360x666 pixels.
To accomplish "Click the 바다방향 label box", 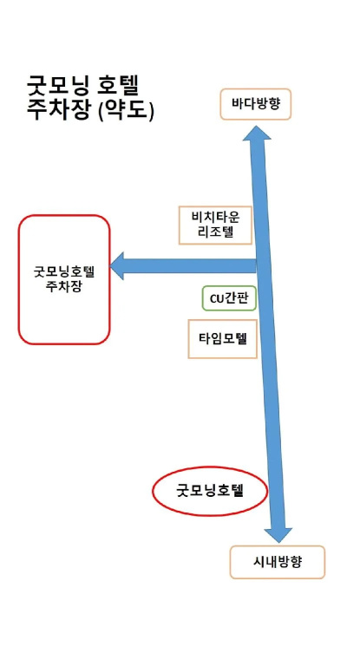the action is point(255,104).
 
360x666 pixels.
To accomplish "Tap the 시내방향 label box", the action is point(277,562).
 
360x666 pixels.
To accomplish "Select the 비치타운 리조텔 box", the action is point(215,225).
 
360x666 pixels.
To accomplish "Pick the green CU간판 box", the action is point(229,298).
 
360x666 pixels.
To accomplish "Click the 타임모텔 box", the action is point(223,339).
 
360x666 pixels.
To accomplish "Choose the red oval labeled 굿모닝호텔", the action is point(210,491).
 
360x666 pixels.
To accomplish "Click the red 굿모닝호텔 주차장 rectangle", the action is point(64,279).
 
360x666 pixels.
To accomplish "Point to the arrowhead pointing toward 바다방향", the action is point(257,133).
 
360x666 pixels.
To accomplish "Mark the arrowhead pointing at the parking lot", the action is point(117,266).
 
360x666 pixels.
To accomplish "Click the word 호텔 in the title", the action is point(123,87).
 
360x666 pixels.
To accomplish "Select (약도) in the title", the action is point(126,110).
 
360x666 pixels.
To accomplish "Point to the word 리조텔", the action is point(216,232).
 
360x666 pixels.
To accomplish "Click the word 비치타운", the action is point(216,218).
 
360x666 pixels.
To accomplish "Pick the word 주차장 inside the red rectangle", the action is point(64,286).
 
